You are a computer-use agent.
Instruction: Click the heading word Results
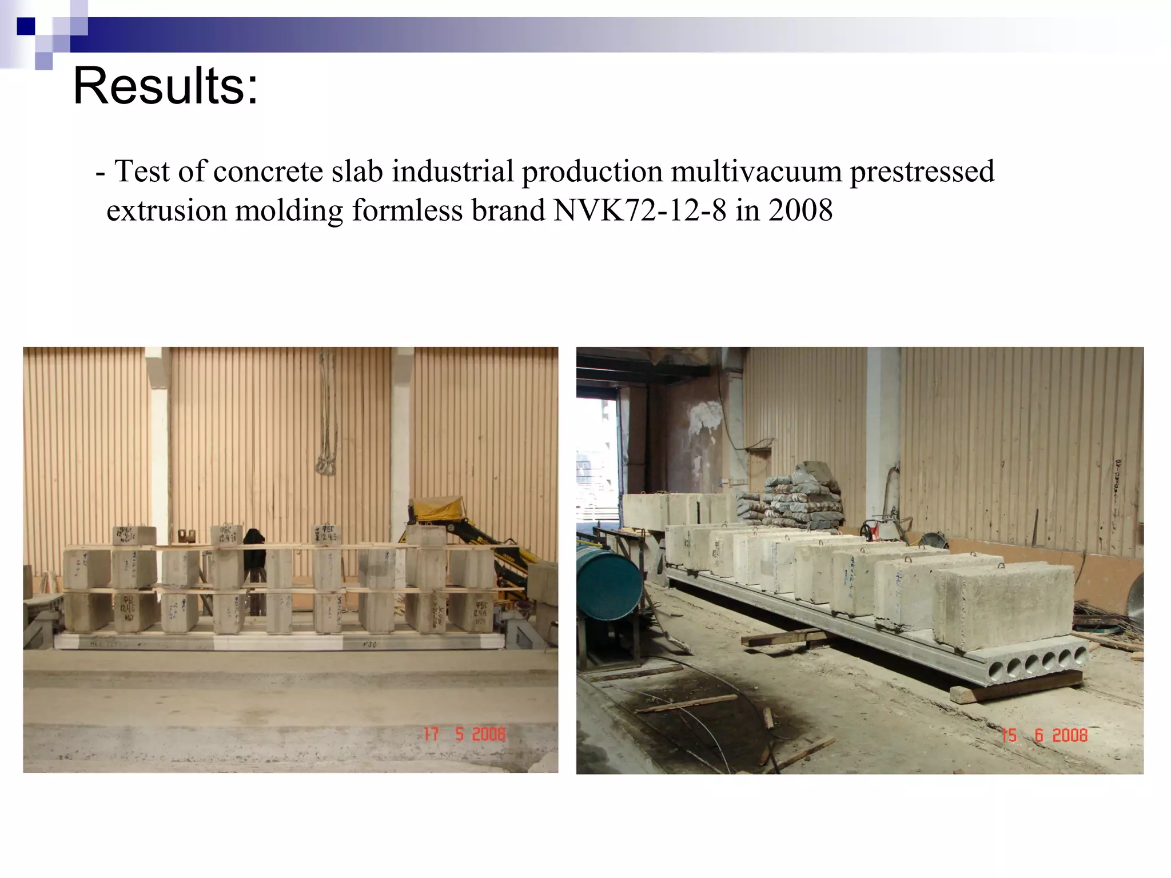point(165,86)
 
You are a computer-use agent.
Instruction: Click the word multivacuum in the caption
point(756,171)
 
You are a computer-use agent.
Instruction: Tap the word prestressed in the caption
point(922,171)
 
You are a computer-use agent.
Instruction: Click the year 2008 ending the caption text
point(800,210)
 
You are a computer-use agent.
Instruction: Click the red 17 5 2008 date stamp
point(464,734)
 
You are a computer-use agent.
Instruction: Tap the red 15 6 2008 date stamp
point(1044,735)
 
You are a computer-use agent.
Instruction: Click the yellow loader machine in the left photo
point(452,526)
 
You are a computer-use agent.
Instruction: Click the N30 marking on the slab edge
point(368,645)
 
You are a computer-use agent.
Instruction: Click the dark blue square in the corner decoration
point(26,26)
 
